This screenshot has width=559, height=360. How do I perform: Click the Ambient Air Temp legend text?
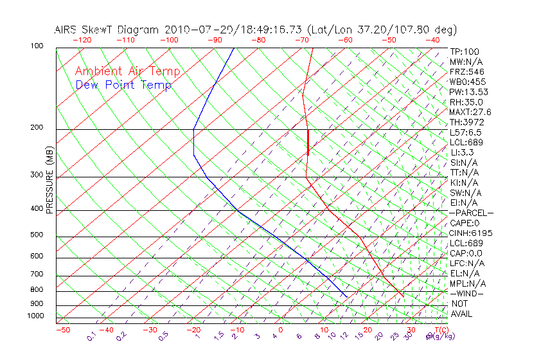pyautogui.click(x=128, y=71)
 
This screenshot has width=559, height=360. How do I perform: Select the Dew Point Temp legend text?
pyautogui.click(x=123, y=85)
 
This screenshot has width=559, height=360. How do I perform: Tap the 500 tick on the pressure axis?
pyautogui.click(x=37, y=235)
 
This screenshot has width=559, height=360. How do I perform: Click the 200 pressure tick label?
pyautogui.click(x=37, y=128)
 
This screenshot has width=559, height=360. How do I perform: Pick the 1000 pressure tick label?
pyautogui.click(x=35, y=316)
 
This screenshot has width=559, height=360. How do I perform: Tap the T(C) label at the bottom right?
pyautogui.click(x=441, y=330)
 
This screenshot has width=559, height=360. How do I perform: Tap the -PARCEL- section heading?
pyautogui.click(x=472, y=213)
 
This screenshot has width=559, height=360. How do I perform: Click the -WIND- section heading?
pyautogui.click(x=467, y=293)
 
